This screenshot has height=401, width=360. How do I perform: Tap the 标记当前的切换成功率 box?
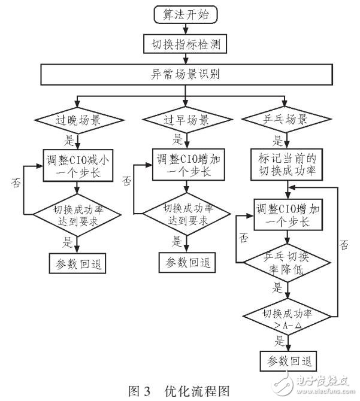coord(288,166)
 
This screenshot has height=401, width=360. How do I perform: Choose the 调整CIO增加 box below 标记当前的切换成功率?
coord(288,214)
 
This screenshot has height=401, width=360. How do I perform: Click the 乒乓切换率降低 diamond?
coord(288,262)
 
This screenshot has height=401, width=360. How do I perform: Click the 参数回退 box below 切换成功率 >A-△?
coord(288,361)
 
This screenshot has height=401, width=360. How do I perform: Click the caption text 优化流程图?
coord(197,391)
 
